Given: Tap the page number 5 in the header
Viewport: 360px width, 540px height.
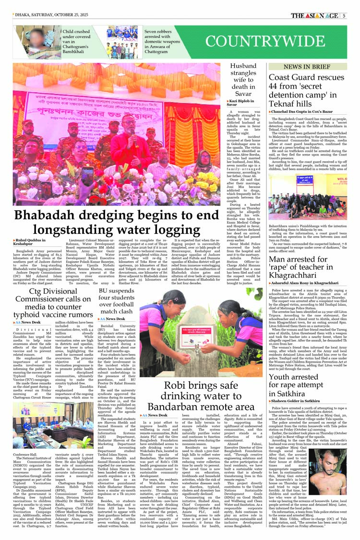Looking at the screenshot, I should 344,15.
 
